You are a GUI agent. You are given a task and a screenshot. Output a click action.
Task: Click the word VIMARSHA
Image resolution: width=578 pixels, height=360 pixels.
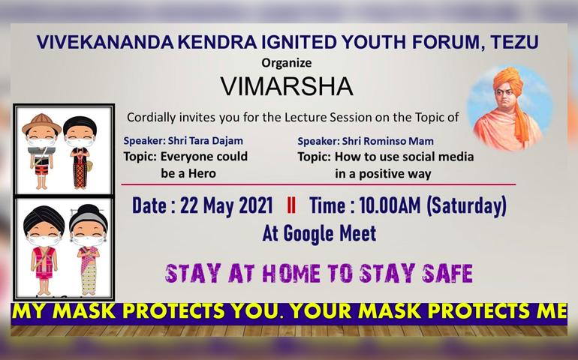(287, 86)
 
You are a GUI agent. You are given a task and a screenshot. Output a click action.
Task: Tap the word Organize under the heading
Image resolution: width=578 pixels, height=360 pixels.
(287, 63)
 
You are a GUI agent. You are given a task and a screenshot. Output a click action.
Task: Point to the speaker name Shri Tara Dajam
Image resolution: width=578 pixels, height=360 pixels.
(206, 141)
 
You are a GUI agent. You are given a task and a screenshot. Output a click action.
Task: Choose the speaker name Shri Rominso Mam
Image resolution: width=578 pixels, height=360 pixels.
(388, 141)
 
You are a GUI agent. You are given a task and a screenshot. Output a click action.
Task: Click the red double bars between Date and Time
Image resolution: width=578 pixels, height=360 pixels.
(291, 205)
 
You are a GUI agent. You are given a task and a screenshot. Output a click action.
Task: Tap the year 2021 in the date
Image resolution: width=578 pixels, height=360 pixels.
(256, 205)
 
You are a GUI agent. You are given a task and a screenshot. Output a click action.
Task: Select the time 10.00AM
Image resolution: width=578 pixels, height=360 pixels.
(390, 205)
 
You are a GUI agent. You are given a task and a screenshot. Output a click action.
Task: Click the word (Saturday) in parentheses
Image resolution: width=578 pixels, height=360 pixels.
(467, 206)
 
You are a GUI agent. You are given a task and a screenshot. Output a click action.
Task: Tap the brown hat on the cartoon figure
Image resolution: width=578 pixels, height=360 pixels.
(41, 124)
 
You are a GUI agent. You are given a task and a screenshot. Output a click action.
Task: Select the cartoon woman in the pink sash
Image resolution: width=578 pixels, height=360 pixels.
(89, 250)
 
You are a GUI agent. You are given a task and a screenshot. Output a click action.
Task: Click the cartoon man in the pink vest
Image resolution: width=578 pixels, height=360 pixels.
(44, 250)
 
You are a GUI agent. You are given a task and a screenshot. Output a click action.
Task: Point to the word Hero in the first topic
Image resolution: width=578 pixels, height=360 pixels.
(202, 173)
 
